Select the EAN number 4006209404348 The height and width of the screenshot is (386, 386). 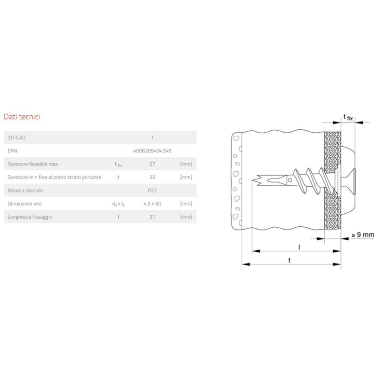(152, 151)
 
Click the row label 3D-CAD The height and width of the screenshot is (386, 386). (18, 138)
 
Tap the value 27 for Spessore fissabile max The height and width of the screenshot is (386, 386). (152, 164)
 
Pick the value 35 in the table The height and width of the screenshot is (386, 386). (152, 177)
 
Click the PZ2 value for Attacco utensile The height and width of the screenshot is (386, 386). (152, 191)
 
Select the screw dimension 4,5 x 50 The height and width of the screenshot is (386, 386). (152, 204)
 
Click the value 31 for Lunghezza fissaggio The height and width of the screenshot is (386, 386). (152, 217)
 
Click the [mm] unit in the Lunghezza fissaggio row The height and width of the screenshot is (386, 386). (186, 217)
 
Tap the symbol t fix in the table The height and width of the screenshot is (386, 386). (119, 165)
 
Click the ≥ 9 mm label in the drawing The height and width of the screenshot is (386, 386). (362, 235)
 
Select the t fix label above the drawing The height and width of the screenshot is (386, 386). (348, 117)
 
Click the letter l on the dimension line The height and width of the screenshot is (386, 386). (299, 247)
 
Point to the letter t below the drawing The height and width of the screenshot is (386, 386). (289, 260)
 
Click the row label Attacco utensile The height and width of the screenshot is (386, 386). (26, 191)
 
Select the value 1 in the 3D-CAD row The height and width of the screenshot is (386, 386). (152, 138)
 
